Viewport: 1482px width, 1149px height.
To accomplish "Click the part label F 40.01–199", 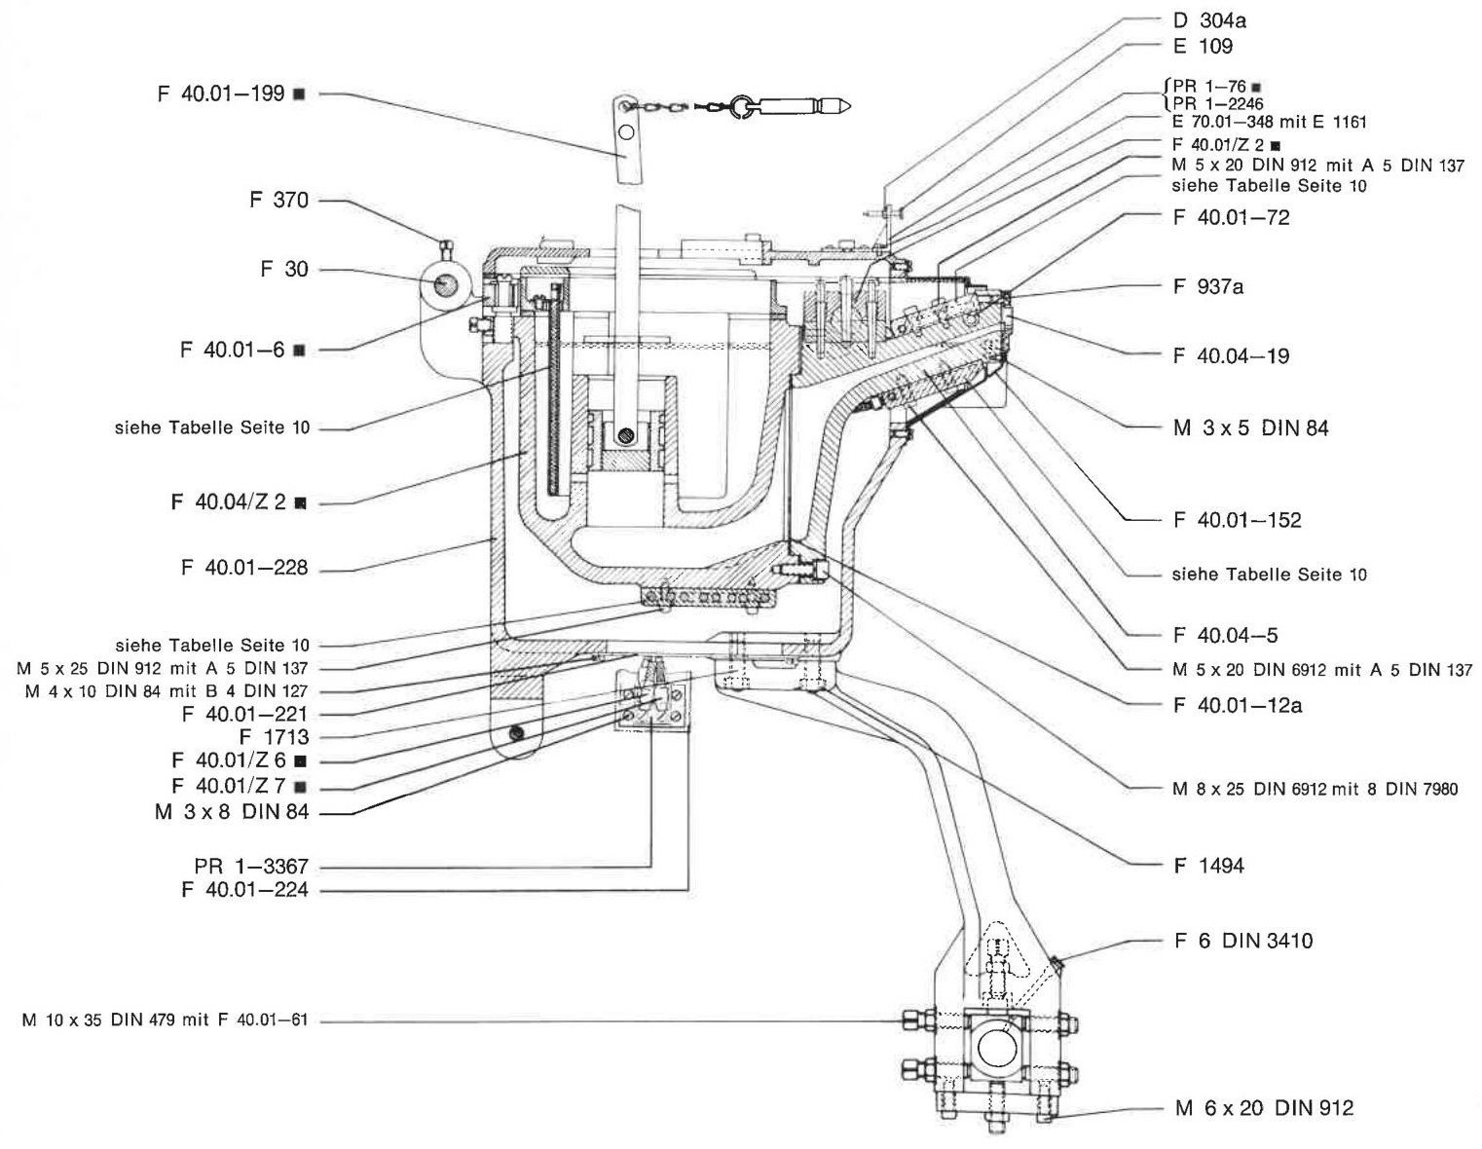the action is click(x=221, y=93).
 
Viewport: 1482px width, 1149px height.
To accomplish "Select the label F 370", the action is click(x=278, y=200).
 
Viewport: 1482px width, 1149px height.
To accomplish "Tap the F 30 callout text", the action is click(x=284, y=269).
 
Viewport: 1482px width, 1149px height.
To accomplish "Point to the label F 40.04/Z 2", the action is click(x=229, y=501).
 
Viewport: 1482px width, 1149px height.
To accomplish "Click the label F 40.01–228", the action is click(x=244, y=568).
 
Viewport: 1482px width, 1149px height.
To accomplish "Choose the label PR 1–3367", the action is click(x=251, y=866).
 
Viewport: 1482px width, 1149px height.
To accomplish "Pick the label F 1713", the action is click(x=275, y=737).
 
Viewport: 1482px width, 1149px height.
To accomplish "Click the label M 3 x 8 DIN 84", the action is click(x=232, y=811).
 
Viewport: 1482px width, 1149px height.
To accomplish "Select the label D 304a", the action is click(x=1209, y=20).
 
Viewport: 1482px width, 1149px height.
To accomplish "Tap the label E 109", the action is click(x=1204, y=46).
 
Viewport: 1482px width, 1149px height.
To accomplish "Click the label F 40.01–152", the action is click(x=1238, y=520).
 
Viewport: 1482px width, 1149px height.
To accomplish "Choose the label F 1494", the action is click(x=1208, y=866).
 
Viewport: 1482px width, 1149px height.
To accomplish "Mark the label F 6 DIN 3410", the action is click(x=1243, y=941).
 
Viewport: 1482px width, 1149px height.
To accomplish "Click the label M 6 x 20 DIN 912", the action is click(x=1264, y=1108).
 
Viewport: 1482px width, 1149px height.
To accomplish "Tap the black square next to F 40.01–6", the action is click(x=298, y=350).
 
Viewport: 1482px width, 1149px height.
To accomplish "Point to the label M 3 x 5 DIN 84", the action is click(x=1251, y=428).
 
